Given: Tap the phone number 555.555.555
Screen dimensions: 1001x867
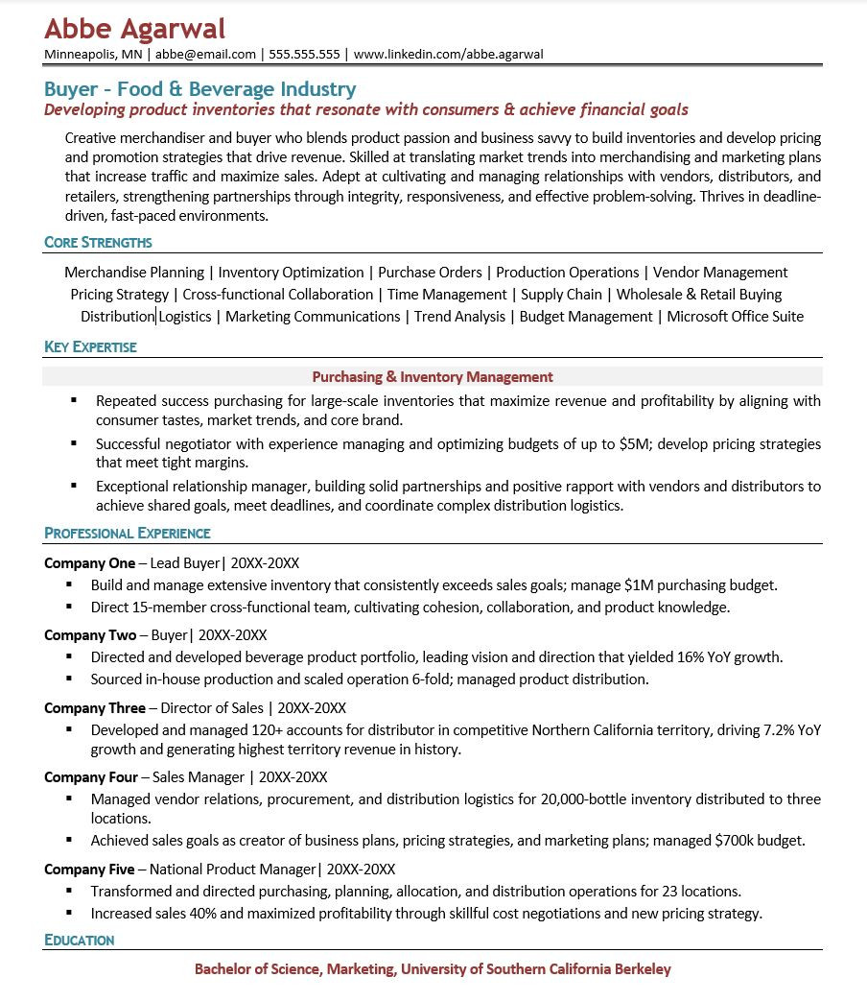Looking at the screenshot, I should coord(304,55).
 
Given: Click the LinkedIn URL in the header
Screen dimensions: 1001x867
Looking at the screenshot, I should coord(448,55).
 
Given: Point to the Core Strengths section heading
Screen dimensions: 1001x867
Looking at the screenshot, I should coord(98,243).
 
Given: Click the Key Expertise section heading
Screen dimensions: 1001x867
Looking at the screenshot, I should coord(90,347).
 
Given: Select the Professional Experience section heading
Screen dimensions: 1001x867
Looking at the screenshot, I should coord(128,534).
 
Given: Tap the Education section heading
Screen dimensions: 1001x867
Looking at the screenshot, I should coord(80,941).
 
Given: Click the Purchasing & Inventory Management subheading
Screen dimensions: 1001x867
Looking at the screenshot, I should coord(433,377).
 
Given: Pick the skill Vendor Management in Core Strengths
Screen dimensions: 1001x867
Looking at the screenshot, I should coord(720,273).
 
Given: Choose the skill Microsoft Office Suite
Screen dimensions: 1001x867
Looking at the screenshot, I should coord(735,317).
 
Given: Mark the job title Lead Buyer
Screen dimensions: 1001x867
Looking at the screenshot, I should coord(185,563).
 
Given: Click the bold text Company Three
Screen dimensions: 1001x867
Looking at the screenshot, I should coord(95,708).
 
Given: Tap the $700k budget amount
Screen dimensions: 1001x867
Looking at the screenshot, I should coord(733,841).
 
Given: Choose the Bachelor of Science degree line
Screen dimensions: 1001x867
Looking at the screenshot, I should coord(433,969).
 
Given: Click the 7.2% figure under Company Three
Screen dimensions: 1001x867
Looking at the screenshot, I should coord(779,730).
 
